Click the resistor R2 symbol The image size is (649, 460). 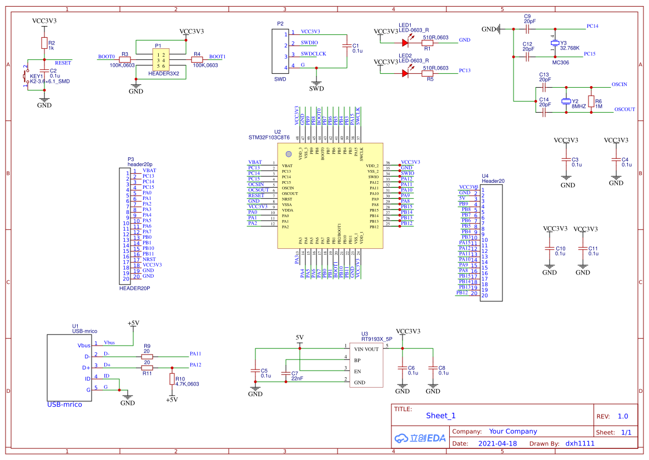pos(44,43)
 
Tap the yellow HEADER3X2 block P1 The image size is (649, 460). pos(161,60)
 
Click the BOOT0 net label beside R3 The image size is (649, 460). pos(106,57)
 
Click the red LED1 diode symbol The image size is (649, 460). pos(405,41)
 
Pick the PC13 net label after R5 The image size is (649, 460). pos(465,71)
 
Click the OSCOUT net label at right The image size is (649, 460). pos(625,109)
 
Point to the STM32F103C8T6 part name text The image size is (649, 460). pos(269,137)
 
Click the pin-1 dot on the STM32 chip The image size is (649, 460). pos(288,154)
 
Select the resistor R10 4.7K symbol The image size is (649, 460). pos(172,379)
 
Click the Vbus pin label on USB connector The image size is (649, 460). pos(109,343)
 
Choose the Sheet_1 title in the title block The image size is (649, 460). pos(441,416)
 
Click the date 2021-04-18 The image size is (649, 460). pos(497,443)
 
